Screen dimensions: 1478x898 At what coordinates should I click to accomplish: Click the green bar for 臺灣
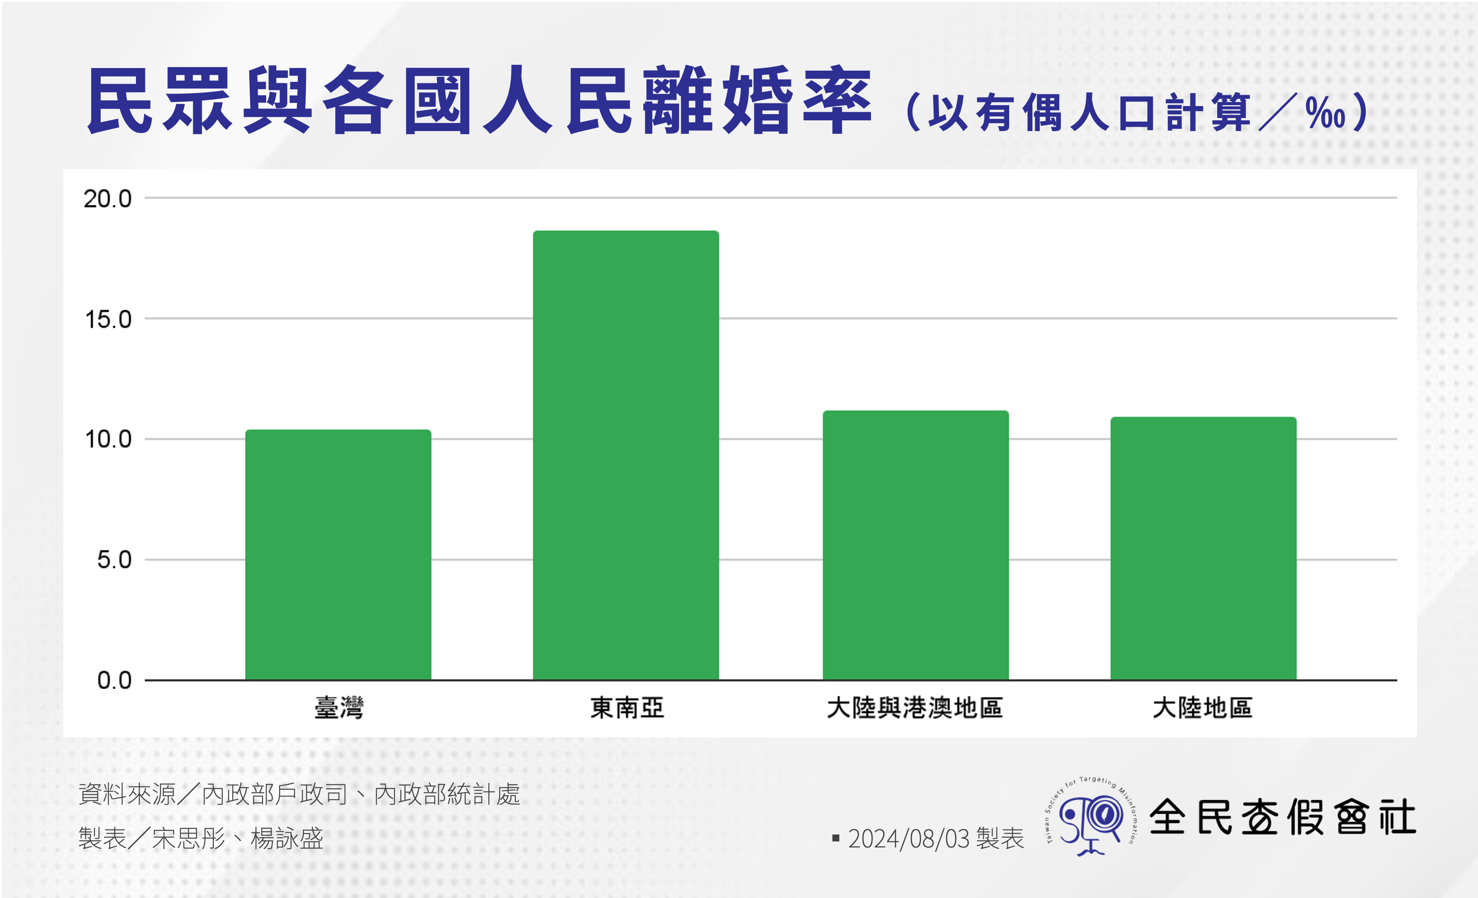pos(338,554)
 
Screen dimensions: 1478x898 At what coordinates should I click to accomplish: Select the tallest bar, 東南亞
pos(626,455)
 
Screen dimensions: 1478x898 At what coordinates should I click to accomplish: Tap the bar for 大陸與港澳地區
pos(915,545)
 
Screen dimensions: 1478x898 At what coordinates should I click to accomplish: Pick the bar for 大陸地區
pos(1203,548)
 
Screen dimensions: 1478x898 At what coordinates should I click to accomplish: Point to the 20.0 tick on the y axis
pos(107,199)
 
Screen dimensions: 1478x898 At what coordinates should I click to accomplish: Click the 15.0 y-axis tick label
pos(108,319)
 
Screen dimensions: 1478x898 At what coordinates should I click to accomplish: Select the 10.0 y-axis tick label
pos(108,439)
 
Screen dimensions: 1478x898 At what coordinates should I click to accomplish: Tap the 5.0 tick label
pos(114,560)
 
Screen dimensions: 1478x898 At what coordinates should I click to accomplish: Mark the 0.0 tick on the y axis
pos(114,680)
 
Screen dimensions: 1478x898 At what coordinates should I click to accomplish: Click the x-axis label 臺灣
pos(339,708)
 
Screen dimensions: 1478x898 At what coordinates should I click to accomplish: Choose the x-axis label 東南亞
pos(627,708)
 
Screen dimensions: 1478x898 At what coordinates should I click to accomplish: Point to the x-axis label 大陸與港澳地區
pos(915,708)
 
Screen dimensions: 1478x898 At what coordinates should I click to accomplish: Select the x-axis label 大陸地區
pos(1203,708)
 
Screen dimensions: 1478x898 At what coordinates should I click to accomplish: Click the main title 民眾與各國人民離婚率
pos(479,100)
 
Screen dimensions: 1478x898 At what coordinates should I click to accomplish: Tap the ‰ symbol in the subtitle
pos(1325,112)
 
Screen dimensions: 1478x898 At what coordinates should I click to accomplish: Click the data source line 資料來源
pos(299,794)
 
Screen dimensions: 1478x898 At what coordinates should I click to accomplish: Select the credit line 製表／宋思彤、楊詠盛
pos(200,838)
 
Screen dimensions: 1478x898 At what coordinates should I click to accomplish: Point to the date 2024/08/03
pos(908,838)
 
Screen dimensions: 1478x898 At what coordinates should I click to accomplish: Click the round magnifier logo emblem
pos(1091,817)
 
